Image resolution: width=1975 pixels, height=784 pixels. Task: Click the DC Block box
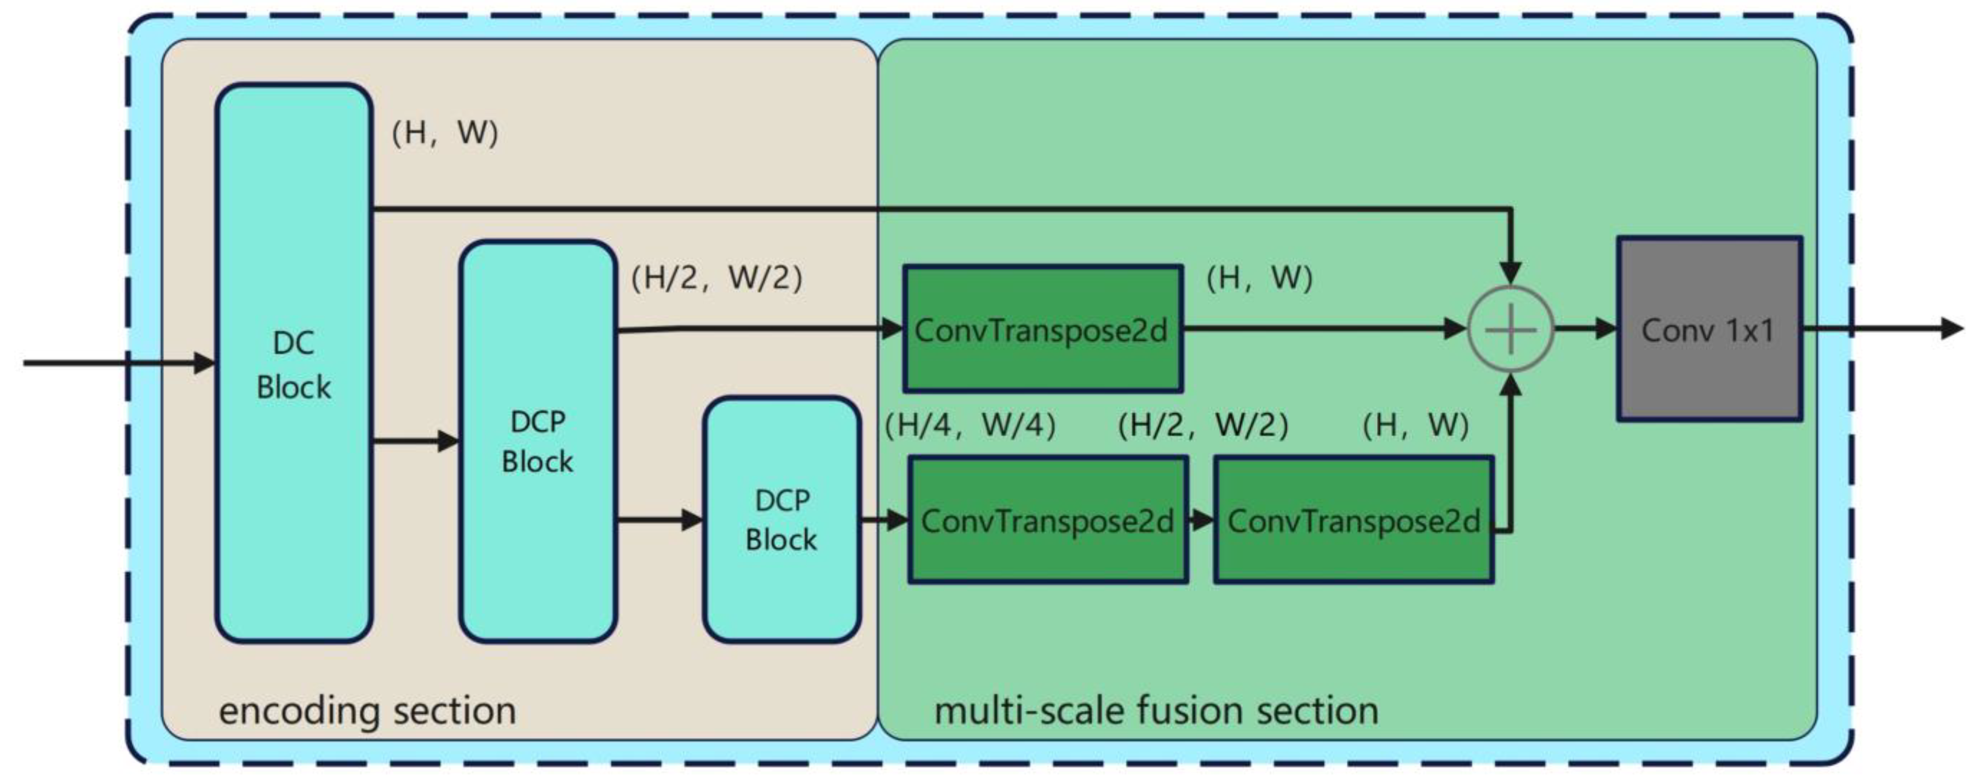294,363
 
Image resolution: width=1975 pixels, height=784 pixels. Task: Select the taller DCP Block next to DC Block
537,441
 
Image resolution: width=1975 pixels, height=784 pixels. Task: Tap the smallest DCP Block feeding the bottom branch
781,520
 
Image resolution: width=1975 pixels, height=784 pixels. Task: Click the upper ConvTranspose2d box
1042,329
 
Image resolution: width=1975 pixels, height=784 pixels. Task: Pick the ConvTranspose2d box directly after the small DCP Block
1048,521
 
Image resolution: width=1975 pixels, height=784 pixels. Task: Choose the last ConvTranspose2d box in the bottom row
1353,521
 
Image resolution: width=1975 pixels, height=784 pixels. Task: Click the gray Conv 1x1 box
1709,329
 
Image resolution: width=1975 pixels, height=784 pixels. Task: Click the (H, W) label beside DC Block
445,132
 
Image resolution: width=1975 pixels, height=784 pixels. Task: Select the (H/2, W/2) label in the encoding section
716,277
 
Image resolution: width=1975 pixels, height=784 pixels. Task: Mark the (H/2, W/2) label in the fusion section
1202,424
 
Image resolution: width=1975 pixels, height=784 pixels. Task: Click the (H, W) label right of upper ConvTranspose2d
1259,277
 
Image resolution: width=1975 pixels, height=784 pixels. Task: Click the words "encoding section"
367,710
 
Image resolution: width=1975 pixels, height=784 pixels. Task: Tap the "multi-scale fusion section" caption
1156,710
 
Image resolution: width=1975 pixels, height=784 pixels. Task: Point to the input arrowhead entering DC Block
204,363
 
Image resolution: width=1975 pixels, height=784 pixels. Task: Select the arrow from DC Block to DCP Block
415,441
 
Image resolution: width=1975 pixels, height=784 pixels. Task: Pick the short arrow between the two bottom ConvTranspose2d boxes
1200,521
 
